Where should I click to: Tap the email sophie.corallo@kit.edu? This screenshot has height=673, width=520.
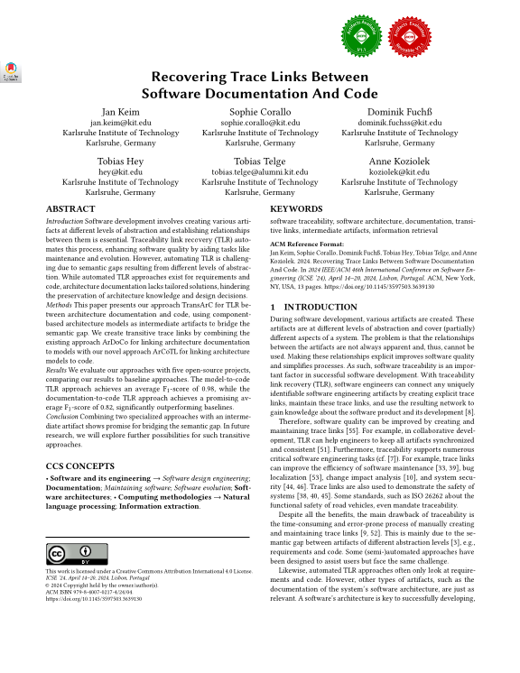click(259, 121)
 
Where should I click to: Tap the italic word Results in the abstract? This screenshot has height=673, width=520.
click(59, 370)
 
